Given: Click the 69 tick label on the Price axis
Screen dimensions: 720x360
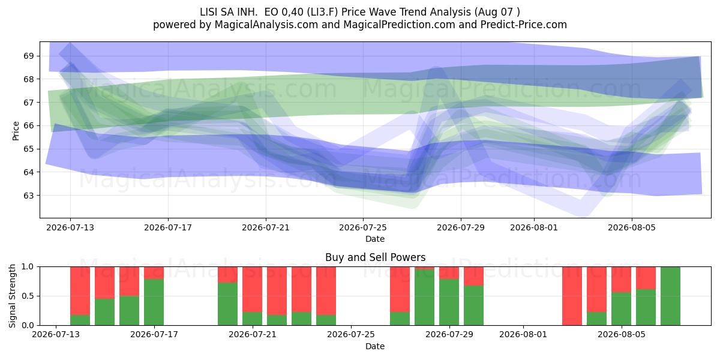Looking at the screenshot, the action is pyautogui.click(x=28, y=56).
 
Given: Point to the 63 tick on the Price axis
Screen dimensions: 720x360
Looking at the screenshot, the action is pyautogui.click(x=28, y=196).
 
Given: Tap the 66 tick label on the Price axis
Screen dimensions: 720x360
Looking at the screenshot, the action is pyautogui.click(x=28, y=125).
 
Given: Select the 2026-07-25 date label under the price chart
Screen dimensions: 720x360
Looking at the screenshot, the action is pyautogui.click(x=363, y=227).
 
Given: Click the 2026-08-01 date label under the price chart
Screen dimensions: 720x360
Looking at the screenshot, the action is pyautogui.click(x=534, y=227).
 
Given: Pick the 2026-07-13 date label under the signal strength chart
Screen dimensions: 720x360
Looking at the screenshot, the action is pyautogui.click(x=56, y=335).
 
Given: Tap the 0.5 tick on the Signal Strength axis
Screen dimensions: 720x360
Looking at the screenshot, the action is pyautogui.click(x=28, y=296).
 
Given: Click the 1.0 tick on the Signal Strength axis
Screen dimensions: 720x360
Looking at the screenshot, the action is pyautogui.click(x=28, y=267).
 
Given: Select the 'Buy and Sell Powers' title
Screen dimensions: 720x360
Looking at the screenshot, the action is pyautogui.click(x=375, y=257).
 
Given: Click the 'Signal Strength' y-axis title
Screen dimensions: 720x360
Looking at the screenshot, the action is pyautogui.click(x=13, y=296).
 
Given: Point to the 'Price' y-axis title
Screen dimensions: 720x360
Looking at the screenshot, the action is pyautogui.click(x=16, y=131).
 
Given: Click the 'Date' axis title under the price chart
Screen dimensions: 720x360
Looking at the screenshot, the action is pyautogui.click(x=375, y=239).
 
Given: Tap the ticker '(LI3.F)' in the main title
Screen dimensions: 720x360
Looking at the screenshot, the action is pyautogui.click(x=322, y=12).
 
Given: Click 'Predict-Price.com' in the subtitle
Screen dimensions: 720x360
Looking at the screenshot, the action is pyautogui.click(x=524, y=25).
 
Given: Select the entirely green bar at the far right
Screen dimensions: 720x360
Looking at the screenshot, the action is pyautogui.click(x=670, y=296).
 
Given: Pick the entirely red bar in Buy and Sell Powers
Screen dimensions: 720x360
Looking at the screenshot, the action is pyautogui.click(x=572, y=296).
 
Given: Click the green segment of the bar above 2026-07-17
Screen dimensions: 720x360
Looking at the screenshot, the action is pyautogui.click(x=154, y=302).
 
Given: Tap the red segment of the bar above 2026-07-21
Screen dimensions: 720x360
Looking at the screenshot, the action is pyautogui.click(x=253, y=289).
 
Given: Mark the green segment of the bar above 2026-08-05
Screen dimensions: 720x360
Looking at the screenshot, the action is pyautogui.click(x=621, y=309).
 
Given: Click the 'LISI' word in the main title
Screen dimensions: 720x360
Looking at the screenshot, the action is pyautogui.click(x=209, y=12).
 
